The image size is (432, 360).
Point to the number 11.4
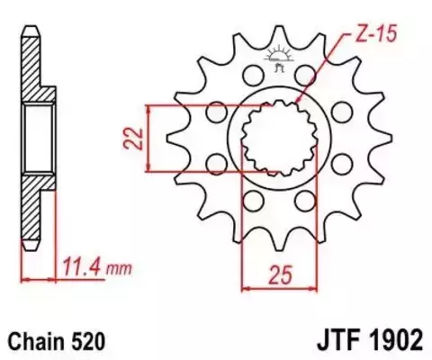[84, 266]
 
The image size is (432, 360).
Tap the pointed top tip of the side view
[33, 27]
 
